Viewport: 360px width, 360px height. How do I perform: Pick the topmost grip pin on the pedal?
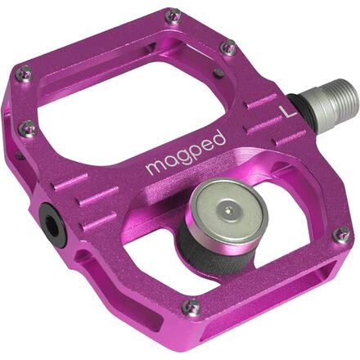pos(173,16)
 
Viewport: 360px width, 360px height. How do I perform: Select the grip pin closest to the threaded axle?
pos(230,48)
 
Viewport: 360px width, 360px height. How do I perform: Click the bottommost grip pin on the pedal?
pos(191,307)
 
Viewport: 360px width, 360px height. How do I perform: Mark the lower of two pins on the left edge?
pos(29,128)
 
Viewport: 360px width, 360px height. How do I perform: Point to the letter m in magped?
pos(153,166)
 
